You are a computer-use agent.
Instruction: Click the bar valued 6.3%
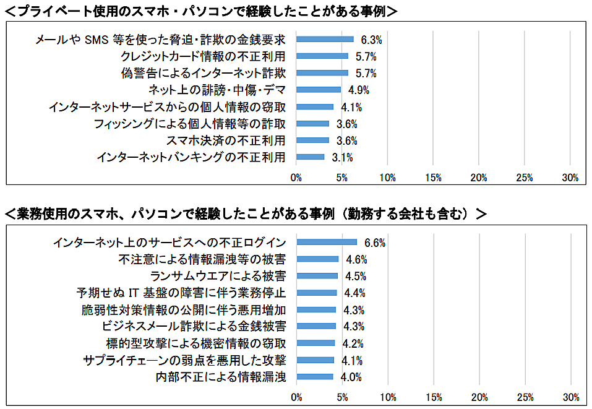pos(325,39)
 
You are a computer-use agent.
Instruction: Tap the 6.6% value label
pos(375,243)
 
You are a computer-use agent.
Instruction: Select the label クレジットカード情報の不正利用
pos(202,56)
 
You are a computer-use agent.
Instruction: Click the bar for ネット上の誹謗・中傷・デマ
pos(319,90)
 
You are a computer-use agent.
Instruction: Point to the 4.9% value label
pos(359,90)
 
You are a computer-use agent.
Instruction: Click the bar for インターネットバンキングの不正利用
pos(311,157)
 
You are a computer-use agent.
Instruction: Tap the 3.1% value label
pos(342,158)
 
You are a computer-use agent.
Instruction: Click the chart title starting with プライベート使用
pos(201,11)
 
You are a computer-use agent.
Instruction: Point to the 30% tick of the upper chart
pos(570,178)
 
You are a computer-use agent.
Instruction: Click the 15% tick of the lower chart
pos(434,397)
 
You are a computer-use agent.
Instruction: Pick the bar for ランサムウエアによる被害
pos(317,276)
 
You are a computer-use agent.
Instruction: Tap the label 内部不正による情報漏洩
pos(221,376)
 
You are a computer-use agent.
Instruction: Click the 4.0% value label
pos(351,377)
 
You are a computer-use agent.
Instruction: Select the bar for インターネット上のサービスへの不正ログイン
pos(327,242)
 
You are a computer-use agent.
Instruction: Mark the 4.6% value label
pos(356,259)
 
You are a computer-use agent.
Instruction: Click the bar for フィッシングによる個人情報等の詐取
pos(313,124)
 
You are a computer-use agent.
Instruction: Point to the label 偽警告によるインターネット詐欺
pos(204,73)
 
